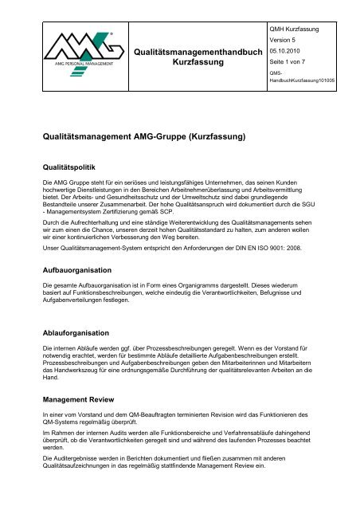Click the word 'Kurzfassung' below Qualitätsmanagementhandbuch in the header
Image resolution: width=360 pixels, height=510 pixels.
coord(198,61)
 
